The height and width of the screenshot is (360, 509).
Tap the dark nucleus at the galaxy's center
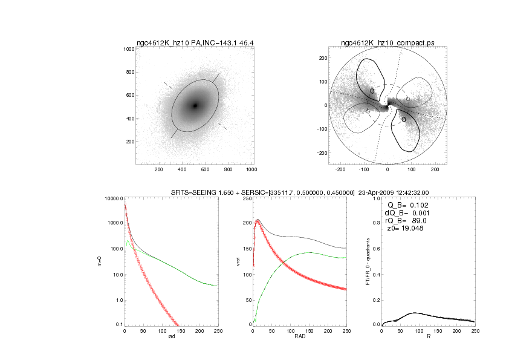coord(195,106)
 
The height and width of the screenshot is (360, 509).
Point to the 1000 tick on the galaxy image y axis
coord(129,49)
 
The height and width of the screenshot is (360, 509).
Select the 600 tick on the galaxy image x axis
coord(205,170)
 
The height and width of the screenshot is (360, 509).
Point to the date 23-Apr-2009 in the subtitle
coord(378,192)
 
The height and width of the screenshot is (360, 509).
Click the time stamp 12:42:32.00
coord(417,192)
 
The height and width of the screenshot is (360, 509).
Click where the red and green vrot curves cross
coord(284,262)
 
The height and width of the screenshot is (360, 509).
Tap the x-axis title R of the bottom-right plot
coord(428,336)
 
